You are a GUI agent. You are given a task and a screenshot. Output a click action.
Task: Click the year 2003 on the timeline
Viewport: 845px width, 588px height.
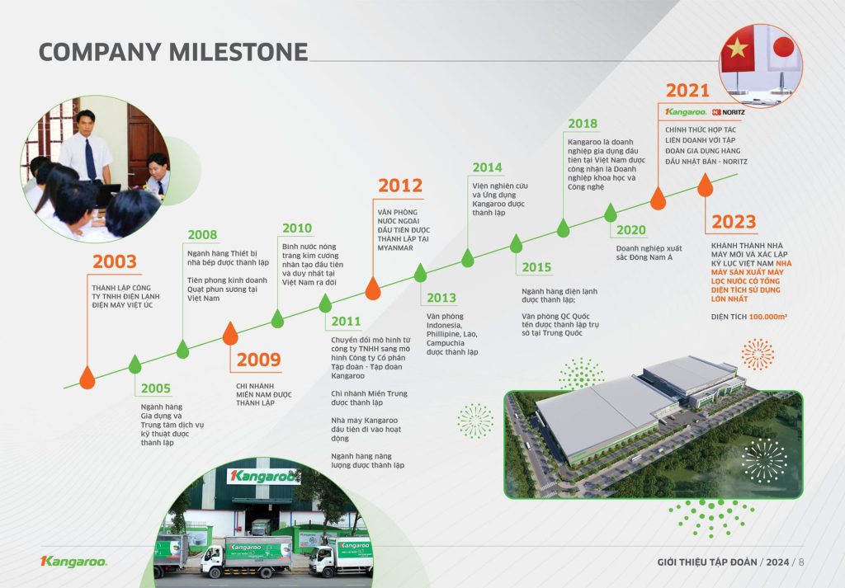tap(114, 261)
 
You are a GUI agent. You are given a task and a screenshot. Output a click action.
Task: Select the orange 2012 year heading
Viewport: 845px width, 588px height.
tap(400, 186)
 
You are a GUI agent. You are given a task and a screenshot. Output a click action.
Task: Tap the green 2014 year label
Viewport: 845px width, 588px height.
tap(487, 167)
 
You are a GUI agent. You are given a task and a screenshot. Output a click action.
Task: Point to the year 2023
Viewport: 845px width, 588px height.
tap(734, 222)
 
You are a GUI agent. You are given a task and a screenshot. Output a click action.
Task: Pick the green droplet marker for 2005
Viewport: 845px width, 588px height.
tap(135, 365)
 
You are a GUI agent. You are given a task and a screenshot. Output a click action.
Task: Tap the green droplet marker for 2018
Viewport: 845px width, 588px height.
tap(563, 228)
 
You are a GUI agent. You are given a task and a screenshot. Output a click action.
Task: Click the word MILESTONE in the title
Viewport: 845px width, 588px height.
tap(238, 52)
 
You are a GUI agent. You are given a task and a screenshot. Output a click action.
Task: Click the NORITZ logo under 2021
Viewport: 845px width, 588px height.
tap(729, 112)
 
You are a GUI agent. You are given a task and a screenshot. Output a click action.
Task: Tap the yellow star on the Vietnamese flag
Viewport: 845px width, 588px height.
tap(737, 49)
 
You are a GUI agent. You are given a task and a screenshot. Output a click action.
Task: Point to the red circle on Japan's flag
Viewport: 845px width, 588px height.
tap(784, 47)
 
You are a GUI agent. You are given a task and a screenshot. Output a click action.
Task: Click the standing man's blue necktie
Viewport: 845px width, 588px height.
tap(91, 159)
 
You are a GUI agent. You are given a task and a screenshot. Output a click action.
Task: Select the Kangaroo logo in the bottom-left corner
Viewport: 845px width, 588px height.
tap(73, 562)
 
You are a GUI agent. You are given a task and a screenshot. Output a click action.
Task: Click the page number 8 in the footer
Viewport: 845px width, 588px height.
tap(800, 562)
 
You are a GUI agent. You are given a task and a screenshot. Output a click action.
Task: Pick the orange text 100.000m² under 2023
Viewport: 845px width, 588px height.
tap(768, 317)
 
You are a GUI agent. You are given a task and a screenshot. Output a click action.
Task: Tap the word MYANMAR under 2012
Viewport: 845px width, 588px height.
tap(395, 248)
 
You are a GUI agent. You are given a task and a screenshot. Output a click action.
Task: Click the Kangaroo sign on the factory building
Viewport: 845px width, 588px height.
tap(263, 477)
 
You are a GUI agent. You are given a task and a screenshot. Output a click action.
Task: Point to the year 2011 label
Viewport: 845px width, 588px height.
tap(346, 322)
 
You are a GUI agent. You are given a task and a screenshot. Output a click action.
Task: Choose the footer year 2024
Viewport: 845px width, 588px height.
tap(777, 562)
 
